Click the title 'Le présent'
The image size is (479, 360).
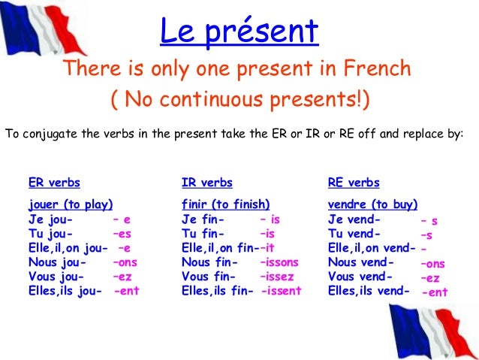[x=239, y=32]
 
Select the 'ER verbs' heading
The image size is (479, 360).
[x=54, y=183]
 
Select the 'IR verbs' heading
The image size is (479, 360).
[x=206, y=183]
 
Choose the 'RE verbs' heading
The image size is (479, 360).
[x=354, y=183]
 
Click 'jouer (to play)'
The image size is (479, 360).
[x=71, y=204]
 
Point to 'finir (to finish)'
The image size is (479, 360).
[x=225, y=204]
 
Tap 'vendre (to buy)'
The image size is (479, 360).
[x=373, y=204]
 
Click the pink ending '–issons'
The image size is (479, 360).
[x=279, y=262]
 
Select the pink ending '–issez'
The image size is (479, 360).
[x=277, y=277]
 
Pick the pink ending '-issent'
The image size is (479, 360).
[x=282, y=291]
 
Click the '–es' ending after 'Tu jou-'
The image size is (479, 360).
[x=122, y=234]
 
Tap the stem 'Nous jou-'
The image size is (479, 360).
[x=56, y=262]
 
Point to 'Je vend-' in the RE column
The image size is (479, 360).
[x=354, y=219]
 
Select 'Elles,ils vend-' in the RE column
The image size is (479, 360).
[x=369, y=291]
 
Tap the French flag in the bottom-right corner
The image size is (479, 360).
[x=435, y=331]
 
